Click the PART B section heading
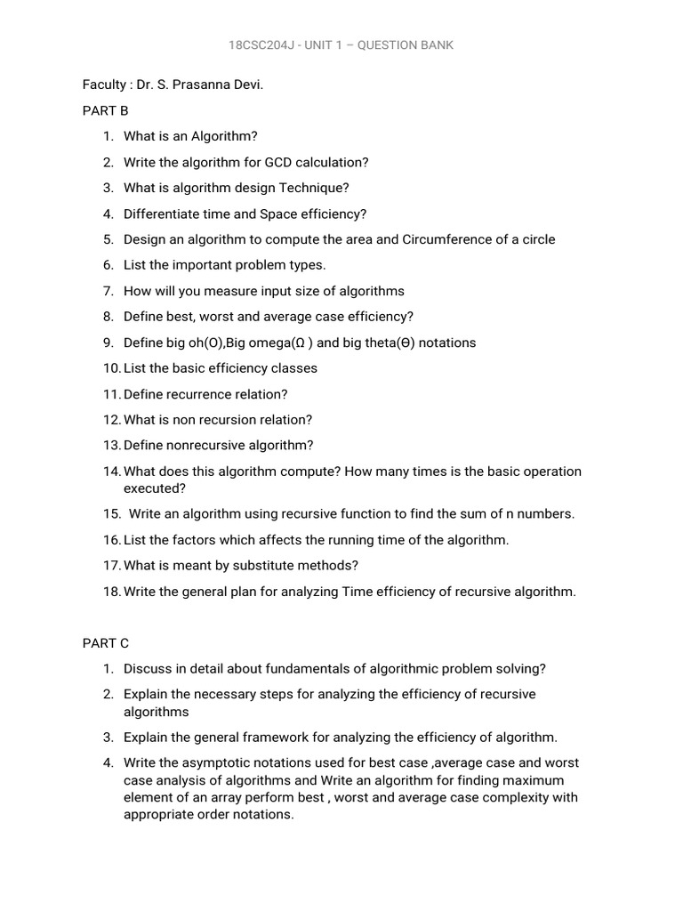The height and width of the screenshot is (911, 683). pyautogui.click(x=106, y=110)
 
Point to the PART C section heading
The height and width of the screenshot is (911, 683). pyautogui.click(x=106, y=643)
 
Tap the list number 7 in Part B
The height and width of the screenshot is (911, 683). pyautogui.click(x=108, y=291)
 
